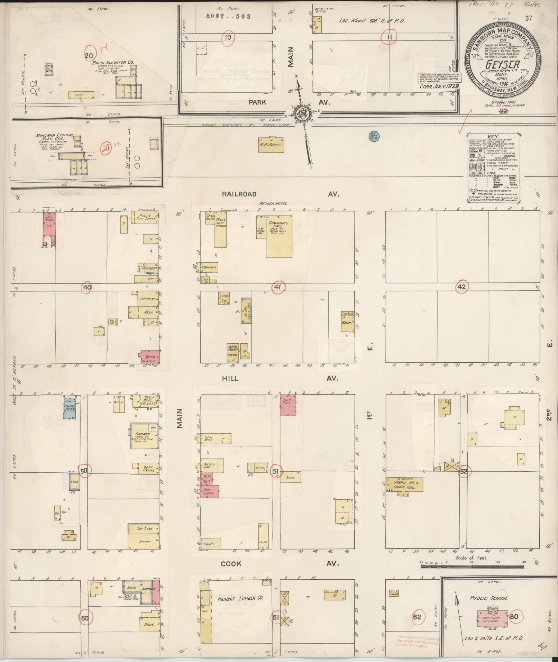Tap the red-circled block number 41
[x=278, y=287]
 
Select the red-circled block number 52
[x=464, y=471]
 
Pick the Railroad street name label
[x=239, y=194]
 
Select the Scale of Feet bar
[x=478, y=567]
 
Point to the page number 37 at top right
[x=528, y=19]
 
